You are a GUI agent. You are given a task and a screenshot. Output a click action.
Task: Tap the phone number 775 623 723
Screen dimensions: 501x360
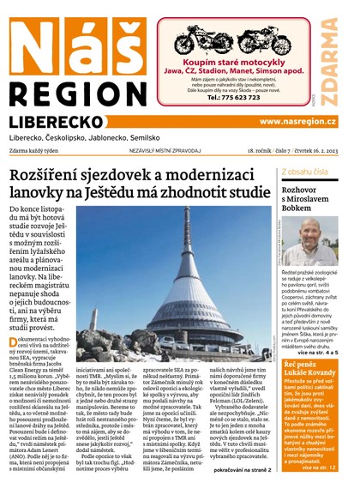coord(247,98)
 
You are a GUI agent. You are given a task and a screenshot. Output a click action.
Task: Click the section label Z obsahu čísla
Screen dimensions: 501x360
coord(304,172)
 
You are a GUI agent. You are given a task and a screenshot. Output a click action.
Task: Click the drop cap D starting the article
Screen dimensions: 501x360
coord(13,342)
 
